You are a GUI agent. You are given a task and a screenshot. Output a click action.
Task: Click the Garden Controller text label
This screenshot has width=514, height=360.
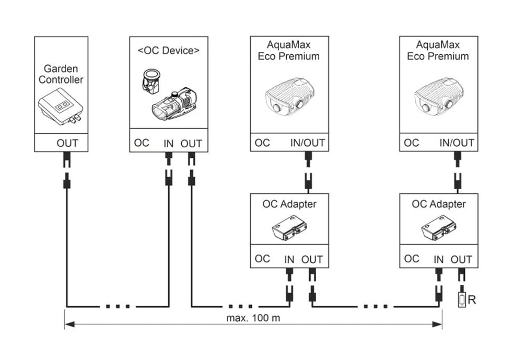pyautogui.click(x=61, y=74)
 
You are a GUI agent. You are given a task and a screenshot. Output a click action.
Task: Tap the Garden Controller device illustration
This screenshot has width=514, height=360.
pyautogui.click(x=60, y=109)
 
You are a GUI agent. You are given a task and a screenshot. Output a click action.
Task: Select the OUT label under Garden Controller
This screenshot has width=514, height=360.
pyautogui.click(x=67, y=143)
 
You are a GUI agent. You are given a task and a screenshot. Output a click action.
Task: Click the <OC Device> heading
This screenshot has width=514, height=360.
pyautogui.click(x=168, y=51)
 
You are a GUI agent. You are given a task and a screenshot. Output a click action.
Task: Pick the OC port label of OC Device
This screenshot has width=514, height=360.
pyautogui.click(x=142, y=143)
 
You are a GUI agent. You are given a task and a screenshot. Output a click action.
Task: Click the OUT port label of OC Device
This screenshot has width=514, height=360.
pyautogui.click(x=191, y=143)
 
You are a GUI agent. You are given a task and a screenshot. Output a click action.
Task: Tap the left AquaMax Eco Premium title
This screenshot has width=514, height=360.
pyautogui.click(x=289, y=51)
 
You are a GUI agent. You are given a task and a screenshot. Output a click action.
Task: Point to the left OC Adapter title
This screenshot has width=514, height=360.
pyautogui.click(x=289, y=204)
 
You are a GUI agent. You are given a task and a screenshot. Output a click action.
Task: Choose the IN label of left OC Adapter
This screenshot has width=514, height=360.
pyautogui.click(x=289, y=259)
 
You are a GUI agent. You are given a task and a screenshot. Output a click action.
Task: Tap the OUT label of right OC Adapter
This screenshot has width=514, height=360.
pyautogui.click(x=461, y=259)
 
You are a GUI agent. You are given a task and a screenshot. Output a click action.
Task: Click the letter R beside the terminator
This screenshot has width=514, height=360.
pyautogui.click(x=472, y=299)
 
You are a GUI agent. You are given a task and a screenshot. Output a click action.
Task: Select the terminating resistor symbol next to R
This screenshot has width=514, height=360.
pyautogui.click(x=462, y=300)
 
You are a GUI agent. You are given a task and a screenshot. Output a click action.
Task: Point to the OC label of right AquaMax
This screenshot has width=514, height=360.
pyautogui.click(x=412, y=143)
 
